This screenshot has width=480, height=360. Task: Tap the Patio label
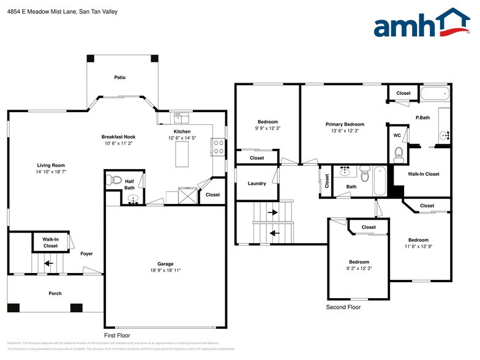(120, 78)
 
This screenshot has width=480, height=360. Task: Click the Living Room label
(51, 165)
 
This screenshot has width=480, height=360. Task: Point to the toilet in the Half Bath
(111, 180)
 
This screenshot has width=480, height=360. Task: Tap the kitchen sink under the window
(181, 116)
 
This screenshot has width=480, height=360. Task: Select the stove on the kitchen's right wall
(219, 146)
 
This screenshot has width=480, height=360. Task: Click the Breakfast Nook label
(118, 137)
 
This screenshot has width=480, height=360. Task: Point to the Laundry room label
(257, 184)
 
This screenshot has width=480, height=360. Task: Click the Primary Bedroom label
(344, 124)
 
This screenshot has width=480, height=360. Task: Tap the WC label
(397, 135)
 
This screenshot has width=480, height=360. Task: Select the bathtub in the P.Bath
(435, 94)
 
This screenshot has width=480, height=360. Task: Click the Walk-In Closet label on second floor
(423, 174)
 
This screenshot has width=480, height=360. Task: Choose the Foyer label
(86, 253)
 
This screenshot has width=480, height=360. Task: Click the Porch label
(55, 293)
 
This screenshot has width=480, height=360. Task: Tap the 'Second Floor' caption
(343, 307)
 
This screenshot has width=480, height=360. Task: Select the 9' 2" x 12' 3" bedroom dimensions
(359, 269)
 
